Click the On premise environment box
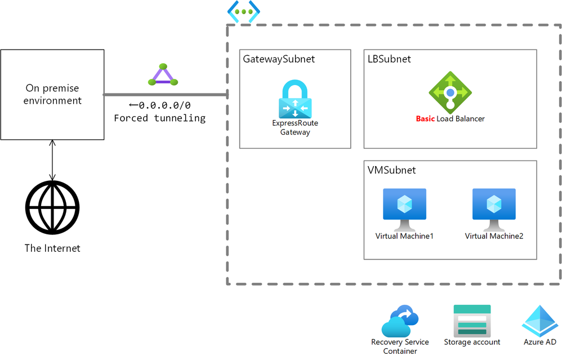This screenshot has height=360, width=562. pos(52,94)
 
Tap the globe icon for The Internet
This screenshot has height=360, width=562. pos(52,207)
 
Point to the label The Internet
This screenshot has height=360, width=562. pos(52,248)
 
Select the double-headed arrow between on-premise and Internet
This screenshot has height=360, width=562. pos(52,160)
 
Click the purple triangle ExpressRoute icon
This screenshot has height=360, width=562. pos(163,75)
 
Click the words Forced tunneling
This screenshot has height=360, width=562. pos(159,118)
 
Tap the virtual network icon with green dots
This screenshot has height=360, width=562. pos(243,11)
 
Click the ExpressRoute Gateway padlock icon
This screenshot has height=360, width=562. pos(295,99)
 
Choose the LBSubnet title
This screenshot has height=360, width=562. pos(389,59)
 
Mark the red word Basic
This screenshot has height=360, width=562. pos(425,119)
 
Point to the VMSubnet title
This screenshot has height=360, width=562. pos(391,170)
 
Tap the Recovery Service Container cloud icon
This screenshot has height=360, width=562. pos(400,321)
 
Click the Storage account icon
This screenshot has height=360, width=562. pos(472,321)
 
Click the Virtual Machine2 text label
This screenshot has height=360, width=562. pos(494,236)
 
